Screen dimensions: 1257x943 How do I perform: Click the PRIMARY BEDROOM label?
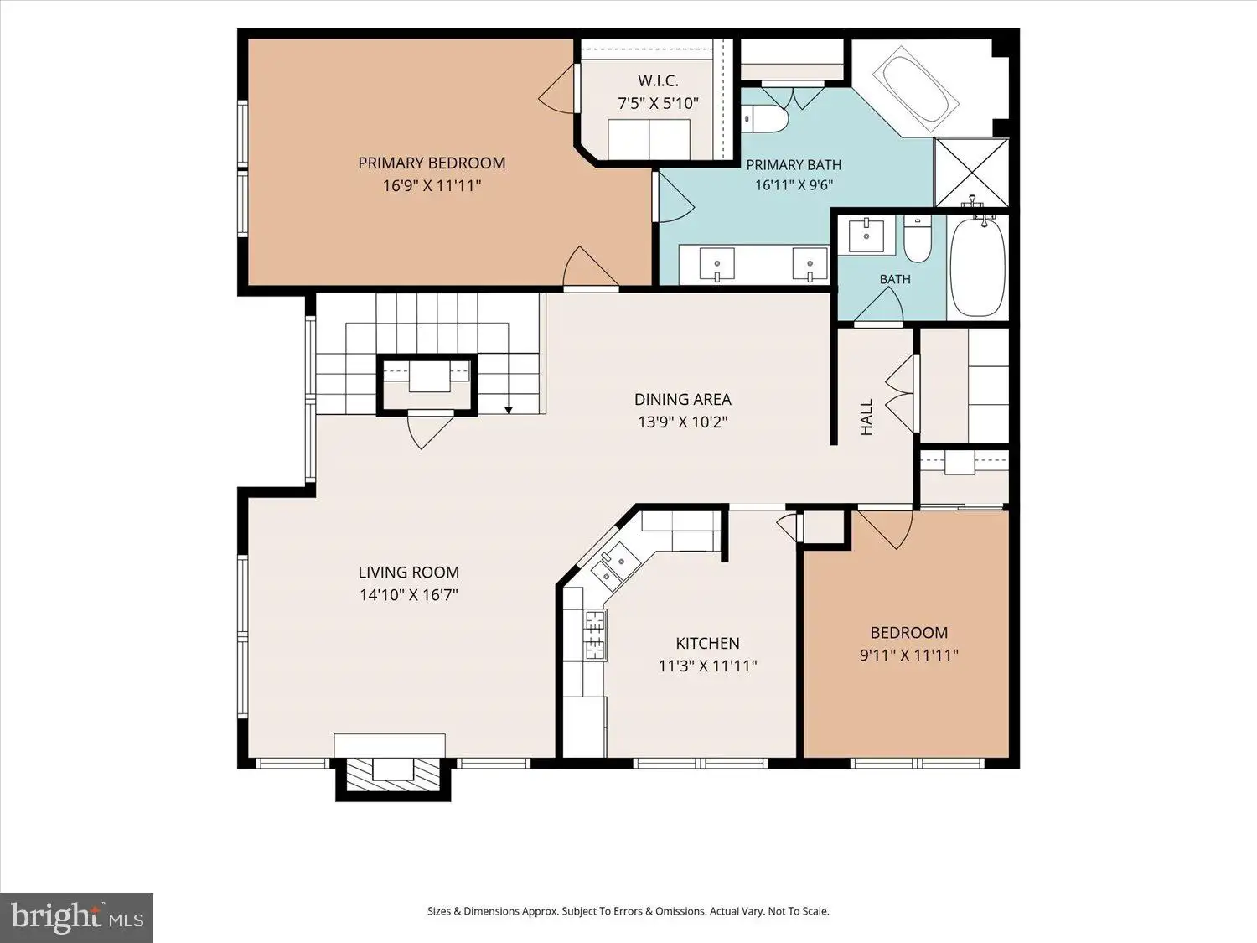(432, 163)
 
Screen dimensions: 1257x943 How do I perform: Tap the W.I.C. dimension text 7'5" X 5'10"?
(658, 104)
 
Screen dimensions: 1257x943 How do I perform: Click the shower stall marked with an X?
(970, 173)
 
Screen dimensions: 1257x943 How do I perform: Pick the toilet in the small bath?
(918, 239)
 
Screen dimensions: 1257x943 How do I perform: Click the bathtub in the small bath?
(978, 265)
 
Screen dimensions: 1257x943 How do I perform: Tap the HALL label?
(866, 417)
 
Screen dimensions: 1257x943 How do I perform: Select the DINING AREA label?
(683, 399)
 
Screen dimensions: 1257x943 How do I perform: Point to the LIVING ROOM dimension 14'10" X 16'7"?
(409, 595)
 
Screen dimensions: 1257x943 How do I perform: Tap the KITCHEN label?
(707, 643)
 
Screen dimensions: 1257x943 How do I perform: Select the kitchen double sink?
(616, 567)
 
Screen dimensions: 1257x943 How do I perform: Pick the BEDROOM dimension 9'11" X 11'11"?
(909, 655)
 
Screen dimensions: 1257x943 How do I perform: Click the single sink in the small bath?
(866, 235)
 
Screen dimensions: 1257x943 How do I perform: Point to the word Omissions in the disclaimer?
(683, 911)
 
